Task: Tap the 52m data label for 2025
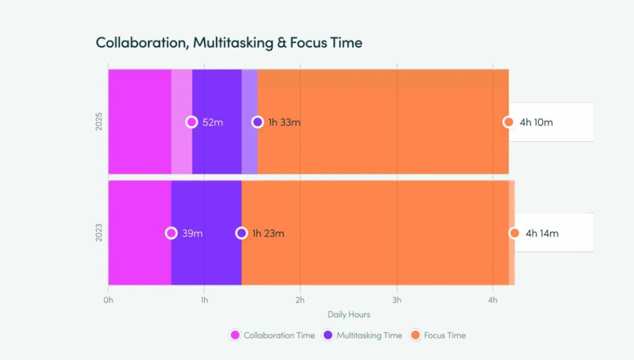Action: click(213, 122)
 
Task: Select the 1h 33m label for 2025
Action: click(285, 122)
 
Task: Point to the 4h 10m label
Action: click(536, 122)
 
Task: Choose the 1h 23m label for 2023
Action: click(269, 233)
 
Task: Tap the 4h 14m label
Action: click(542, 233)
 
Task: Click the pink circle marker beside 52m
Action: click(192, 122)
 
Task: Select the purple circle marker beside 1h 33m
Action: click(258, 122)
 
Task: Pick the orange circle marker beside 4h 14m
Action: click(514, 233)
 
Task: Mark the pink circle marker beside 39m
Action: click(172, 233)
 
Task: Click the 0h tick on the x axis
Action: click(109, 300)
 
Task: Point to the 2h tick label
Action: click(300, 300)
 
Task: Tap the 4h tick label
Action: click(493, 300)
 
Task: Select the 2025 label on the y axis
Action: click(99, 121)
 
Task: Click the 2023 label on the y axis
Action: click(99, 233)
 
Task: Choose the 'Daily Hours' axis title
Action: click(349, 314)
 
